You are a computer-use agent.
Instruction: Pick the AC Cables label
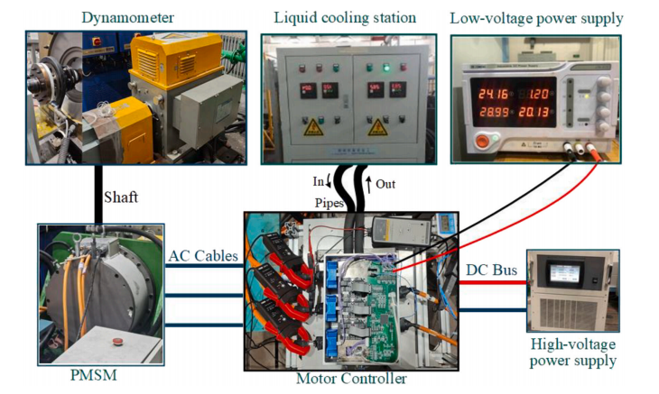coord(203,256)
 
